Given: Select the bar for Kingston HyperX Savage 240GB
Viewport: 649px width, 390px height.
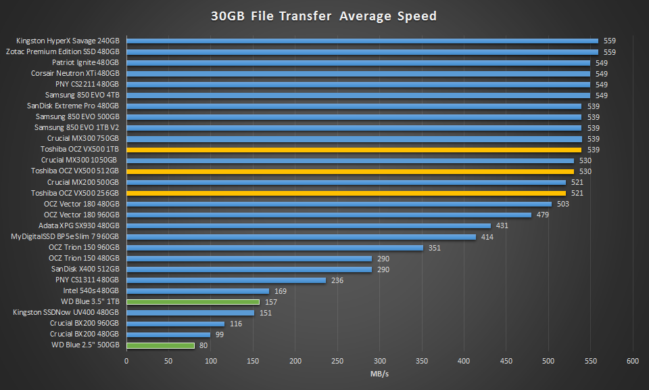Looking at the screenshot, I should (362, 41).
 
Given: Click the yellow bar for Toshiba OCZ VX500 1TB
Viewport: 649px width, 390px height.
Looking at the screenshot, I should (354, 150).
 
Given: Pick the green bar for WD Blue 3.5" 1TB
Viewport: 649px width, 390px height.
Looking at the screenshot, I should (193, 302).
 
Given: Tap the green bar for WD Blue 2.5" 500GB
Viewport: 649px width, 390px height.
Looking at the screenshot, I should (160, 345).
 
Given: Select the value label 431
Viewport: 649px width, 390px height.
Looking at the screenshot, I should (503, 225).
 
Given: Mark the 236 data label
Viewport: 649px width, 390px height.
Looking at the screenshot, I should (338, 280).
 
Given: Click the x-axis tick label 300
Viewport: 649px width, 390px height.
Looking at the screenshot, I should (380, 361).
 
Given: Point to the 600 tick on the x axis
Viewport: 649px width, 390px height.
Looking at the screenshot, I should (633, 361).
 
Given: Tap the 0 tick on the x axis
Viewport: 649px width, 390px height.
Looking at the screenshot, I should (126, 361).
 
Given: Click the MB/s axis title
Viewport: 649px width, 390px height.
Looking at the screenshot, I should (379, 374).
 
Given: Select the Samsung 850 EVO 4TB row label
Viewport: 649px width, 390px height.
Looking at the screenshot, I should (82, 95).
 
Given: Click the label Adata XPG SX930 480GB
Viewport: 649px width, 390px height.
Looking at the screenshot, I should (78, 225).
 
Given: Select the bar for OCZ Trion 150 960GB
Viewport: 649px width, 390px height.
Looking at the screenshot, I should (274, 248).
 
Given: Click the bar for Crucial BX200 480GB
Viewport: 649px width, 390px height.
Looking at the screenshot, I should (168, 334).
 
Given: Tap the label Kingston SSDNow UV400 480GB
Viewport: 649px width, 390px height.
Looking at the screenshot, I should (66, 313).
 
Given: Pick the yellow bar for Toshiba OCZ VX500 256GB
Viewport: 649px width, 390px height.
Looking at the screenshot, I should (346, 193).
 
